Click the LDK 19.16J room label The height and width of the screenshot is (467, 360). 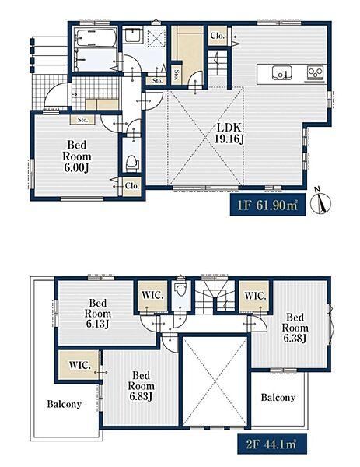point(229,133)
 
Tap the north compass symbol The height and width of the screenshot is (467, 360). point(320,202)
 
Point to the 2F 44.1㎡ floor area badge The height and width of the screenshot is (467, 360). point(271,444)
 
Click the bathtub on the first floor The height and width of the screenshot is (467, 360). point(95,37)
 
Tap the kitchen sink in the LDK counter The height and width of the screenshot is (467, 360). point(281,73)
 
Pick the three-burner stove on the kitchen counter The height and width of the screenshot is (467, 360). point(316,72)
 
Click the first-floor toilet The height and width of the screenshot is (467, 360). point(132,163)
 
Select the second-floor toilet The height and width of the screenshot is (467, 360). point(180,286)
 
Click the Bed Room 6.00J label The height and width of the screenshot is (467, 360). point(76,156)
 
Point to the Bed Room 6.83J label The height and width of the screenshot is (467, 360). point(141,386)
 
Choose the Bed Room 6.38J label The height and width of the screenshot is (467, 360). point(295,328)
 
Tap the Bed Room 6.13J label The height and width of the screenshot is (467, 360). point(98,314)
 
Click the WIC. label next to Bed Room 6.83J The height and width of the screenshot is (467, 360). point(80,366)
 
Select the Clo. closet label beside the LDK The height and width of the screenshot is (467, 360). point(217,36)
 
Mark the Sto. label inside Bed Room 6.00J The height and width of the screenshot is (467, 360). point(82,120)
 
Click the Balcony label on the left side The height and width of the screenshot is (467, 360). point(65,404)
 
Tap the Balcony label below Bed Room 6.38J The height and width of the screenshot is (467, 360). point(278,397)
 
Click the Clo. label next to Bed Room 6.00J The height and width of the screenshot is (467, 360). point(132,186)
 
